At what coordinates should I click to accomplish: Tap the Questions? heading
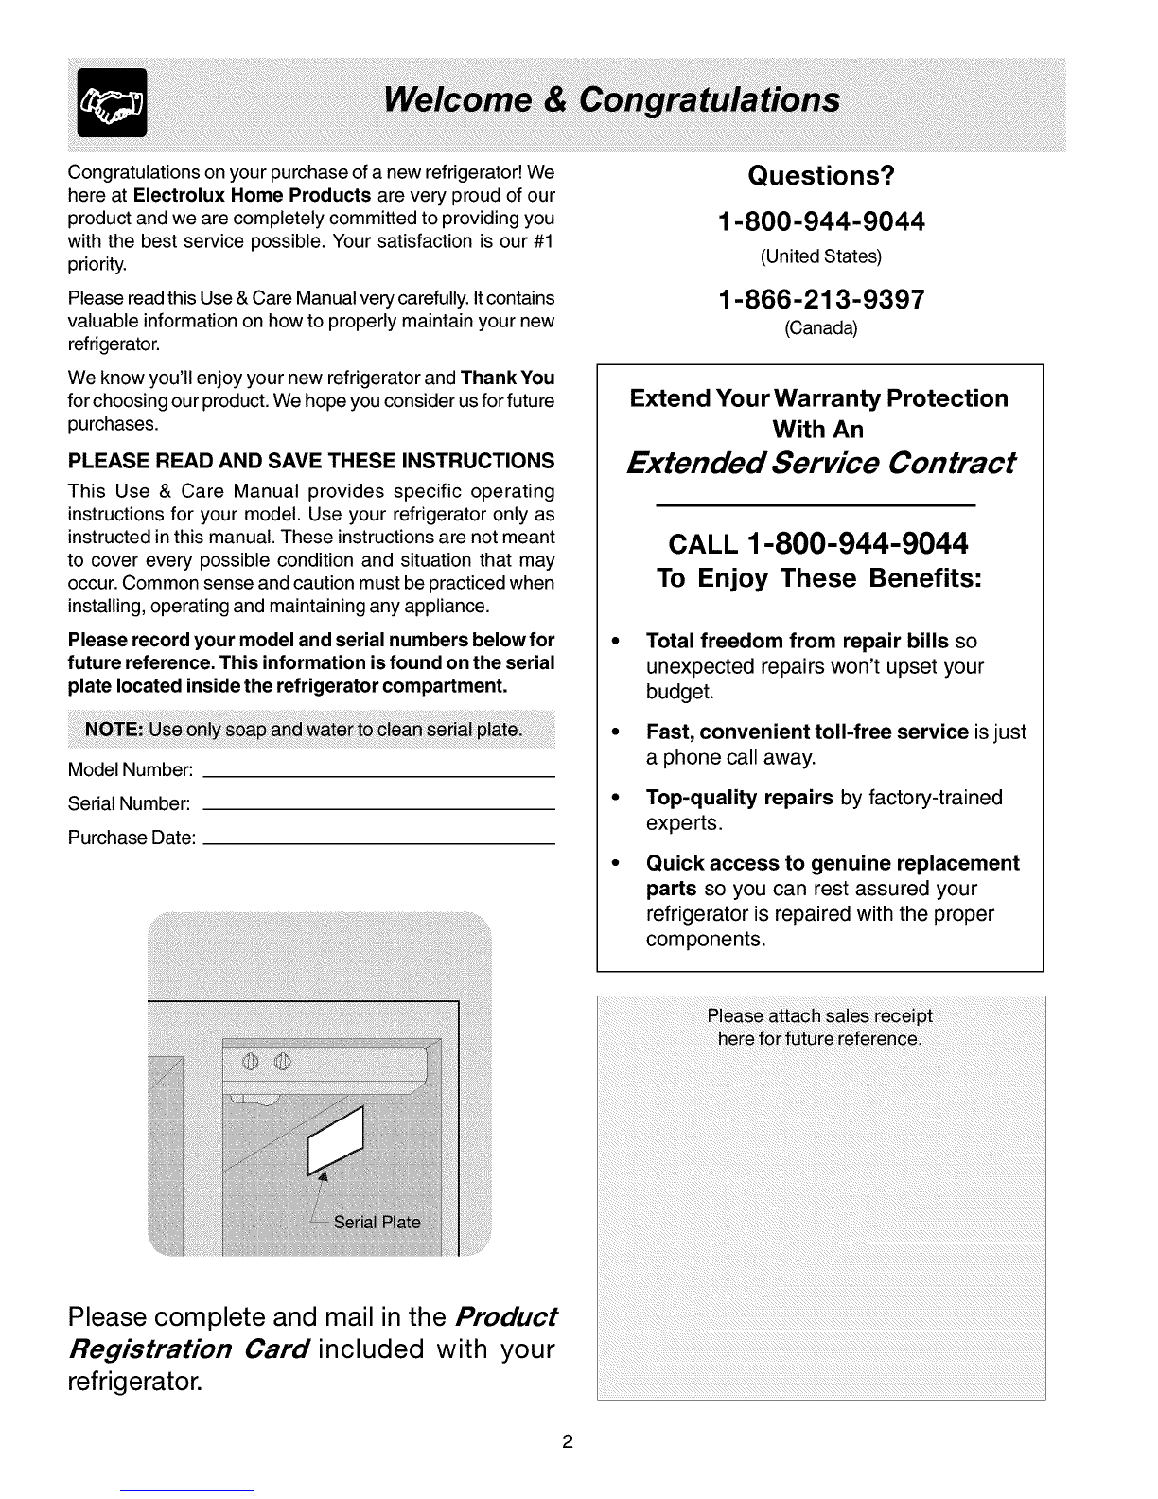[x=820, y=177]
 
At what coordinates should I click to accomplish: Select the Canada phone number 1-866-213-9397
[x=820, y=300]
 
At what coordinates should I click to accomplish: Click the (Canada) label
[x=820, y=329]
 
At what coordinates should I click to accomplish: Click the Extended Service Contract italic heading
[x=820, y=464]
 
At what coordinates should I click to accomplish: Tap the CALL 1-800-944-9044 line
[x=818, y=545]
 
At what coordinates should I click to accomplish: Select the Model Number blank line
[x=378, y=775]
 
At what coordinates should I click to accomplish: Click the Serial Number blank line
[x=378, y=809]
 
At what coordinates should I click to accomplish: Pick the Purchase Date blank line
[x=378, y=842]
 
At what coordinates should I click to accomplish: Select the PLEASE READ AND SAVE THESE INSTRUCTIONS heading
[x=311, y=461]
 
